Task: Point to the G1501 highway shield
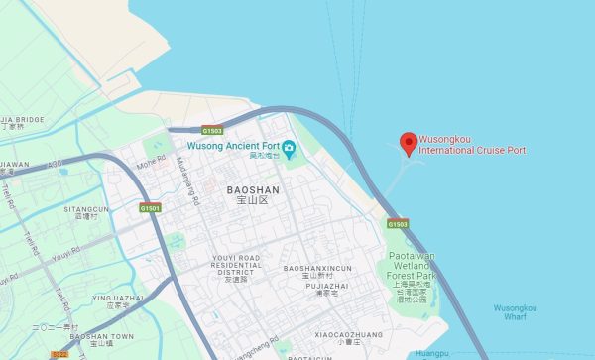150,208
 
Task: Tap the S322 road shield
59,354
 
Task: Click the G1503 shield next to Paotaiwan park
398,224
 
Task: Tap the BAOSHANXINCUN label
316,269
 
